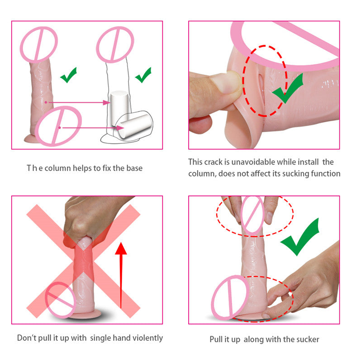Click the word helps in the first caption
tap(82, 168)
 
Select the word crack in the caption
tap(213, 162)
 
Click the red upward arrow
tap(121, 275)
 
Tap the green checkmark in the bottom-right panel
tap(300, 237)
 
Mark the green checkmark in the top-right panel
tap(288, 88)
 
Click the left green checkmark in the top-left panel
tap(68, 75)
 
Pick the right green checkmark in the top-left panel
tap(143, 75)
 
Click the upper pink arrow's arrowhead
tap(107, 103)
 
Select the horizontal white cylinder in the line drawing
tap(134, 126)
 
